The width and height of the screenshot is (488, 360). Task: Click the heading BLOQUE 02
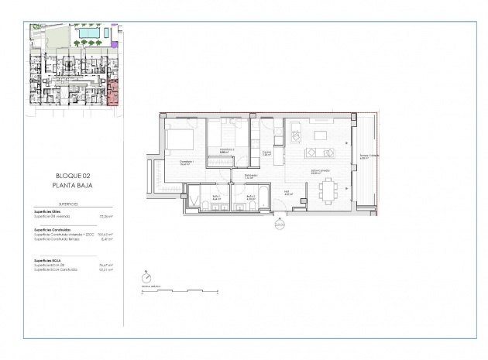click(74, 177)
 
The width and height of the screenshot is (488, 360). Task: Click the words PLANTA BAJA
click(74, 186)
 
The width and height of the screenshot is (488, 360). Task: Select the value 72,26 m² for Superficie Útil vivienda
click(107, 218)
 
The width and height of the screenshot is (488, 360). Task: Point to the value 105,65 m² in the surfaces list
click(106, 234)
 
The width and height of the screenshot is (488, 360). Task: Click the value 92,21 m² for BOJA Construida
click(107, 270)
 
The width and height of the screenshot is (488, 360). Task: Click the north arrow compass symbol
click(147, 276)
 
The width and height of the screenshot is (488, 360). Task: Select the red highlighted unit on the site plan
click(113, 92)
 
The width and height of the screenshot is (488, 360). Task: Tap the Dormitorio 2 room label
click(227, 150)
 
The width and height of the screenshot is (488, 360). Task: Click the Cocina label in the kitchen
click(266, 153)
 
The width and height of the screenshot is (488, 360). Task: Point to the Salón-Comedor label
click(318, 172)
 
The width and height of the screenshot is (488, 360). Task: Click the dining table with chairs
click(328, 190)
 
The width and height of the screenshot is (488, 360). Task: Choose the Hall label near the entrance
click(286, 193)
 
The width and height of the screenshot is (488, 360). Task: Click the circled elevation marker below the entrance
click(280, 225)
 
